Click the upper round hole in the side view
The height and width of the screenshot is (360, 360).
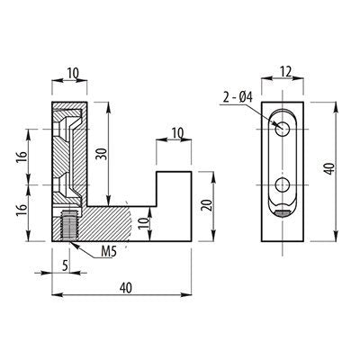[x=283, y=129]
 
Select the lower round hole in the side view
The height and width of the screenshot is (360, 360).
[x=283, y=185]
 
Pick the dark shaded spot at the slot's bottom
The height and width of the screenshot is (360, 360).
[x=283, y=213]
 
